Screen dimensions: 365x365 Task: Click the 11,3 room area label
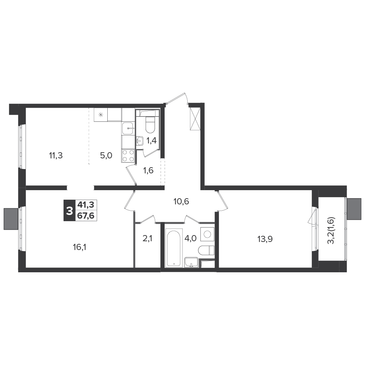click(x=56, y=155)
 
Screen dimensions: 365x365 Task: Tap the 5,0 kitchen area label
click(x=106, y=155)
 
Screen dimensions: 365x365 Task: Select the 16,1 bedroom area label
click(x=80, y=247)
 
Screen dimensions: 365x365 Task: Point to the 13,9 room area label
click(x=265, y=239)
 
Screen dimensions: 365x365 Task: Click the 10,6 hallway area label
click(x=181, y=201)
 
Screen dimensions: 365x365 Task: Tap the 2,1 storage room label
click(x=147, y=238)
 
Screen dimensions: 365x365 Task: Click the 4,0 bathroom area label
click(x=191, y=238)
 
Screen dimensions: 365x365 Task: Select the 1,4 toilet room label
click(x=151, y=141)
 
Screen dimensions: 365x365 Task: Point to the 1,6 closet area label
click(x=148, y=170)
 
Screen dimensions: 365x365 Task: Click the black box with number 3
click(x=69, y=211)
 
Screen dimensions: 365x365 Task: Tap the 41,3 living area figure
click(x=86, y=205)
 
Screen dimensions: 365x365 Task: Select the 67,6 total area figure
click(x=86, y=216)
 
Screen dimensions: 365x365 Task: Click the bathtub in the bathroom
click(x=174, y=248)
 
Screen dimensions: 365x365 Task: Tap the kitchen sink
click(x=128, y=128)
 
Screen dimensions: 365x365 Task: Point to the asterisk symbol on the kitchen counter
click(x=101, y=115)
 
